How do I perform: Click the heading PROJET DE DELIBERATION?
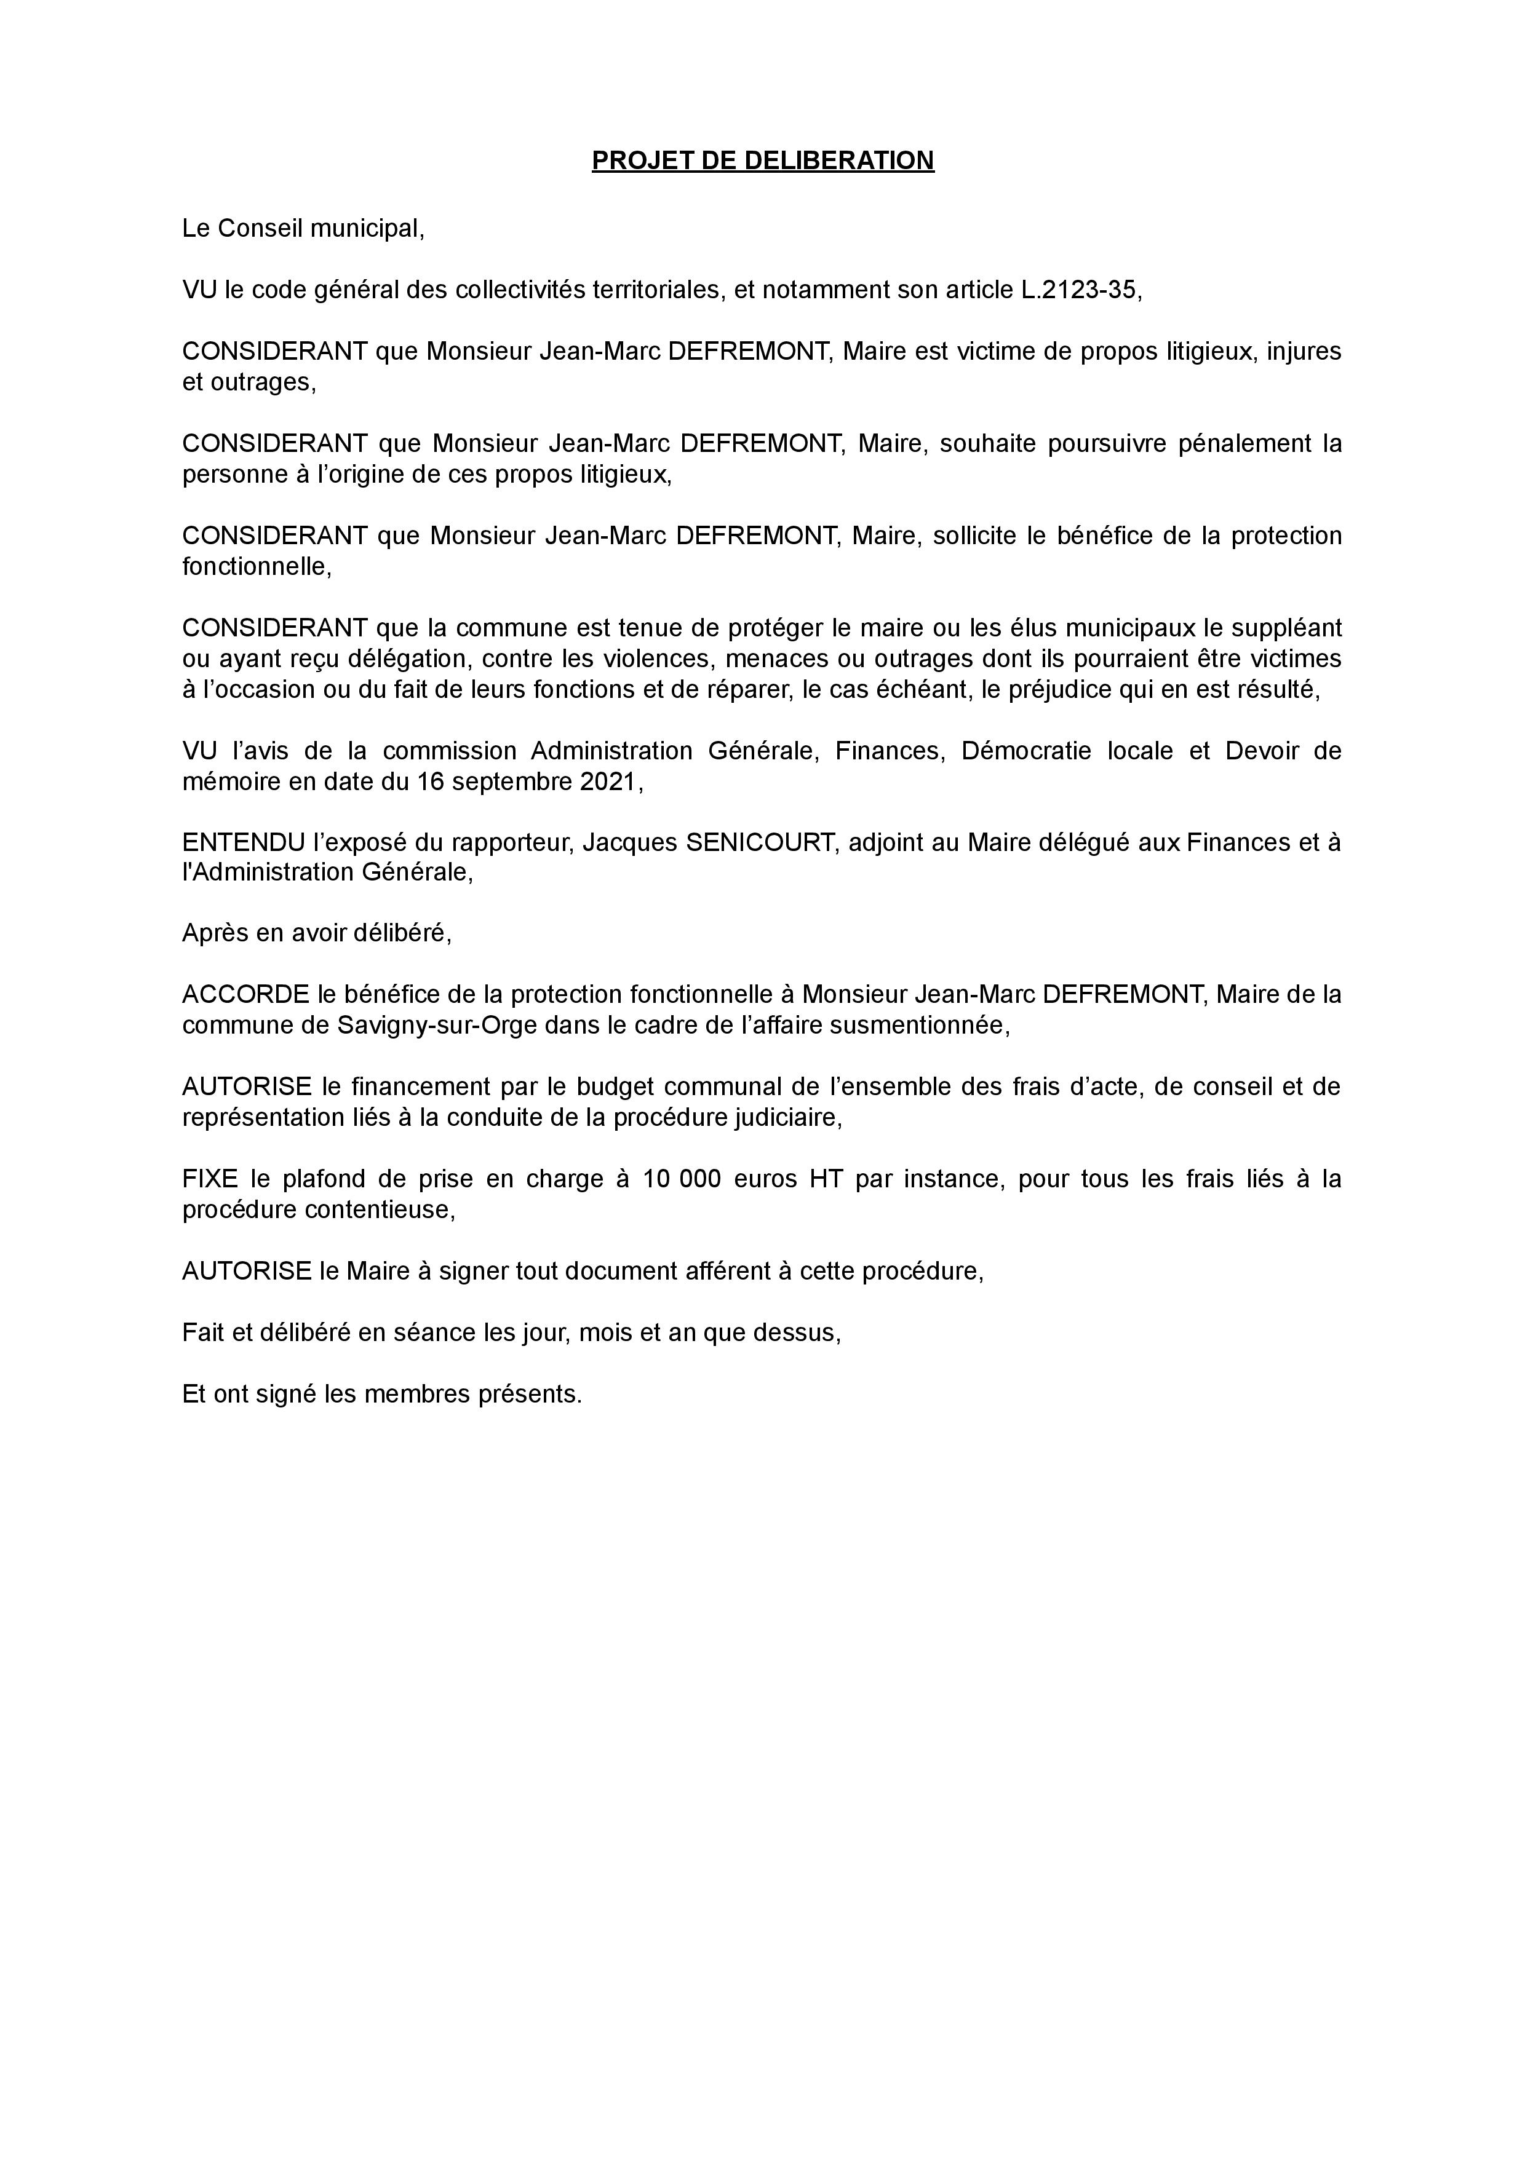tap(762, 160)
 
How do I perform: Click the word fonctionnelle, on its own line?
tap(257, 566)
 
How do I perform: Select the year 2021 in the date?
tap(607, 782)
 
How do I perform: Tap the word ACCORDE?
tap(245, 994)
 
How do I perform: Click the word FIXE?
tap(210, 1178)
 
